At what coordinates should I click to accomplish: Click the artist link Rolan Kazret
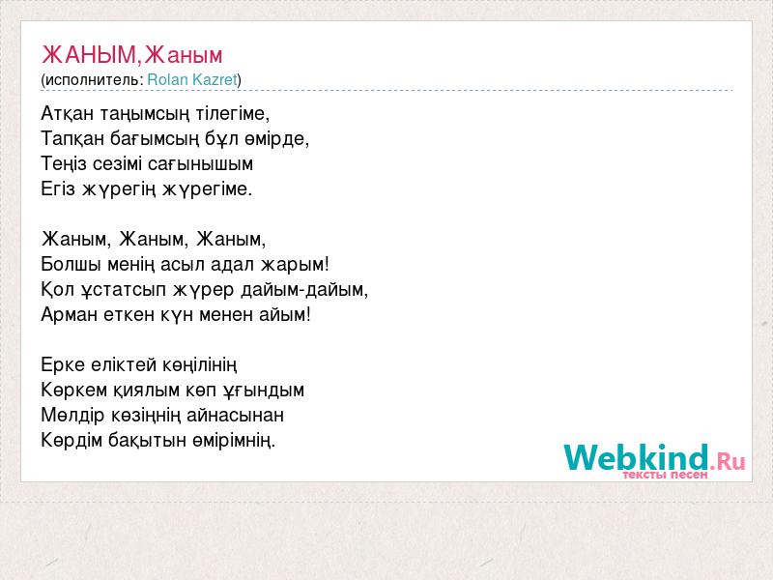click(x=192, y=80)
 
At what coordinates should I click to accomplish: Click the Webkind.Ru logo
click(x=654, y=458)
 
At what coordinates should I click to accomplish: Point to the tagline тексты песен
click(x=665, y=475)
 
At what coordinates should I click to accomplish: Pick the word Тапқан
click(x=72, y=139)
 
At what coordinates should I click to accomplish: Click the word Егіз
click(x=58, y=188)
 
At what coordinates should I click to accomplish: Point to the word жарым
click(x=295, y=264)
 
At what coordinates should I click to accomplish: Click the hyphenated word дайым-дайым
click(x=304, y=290)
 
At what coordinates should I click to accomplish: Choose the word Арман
click(x=69, y=315)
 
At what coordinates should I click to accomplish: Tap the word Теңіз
click(x=64, y=164)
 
